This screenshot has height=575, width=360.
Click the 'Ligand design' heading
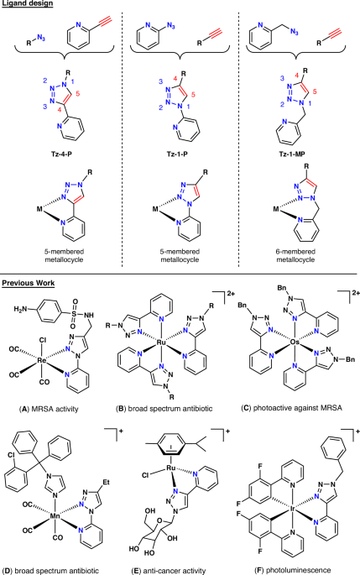coord(30,6)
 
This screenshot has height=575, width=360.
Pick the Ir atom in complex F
coord(287,506)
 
